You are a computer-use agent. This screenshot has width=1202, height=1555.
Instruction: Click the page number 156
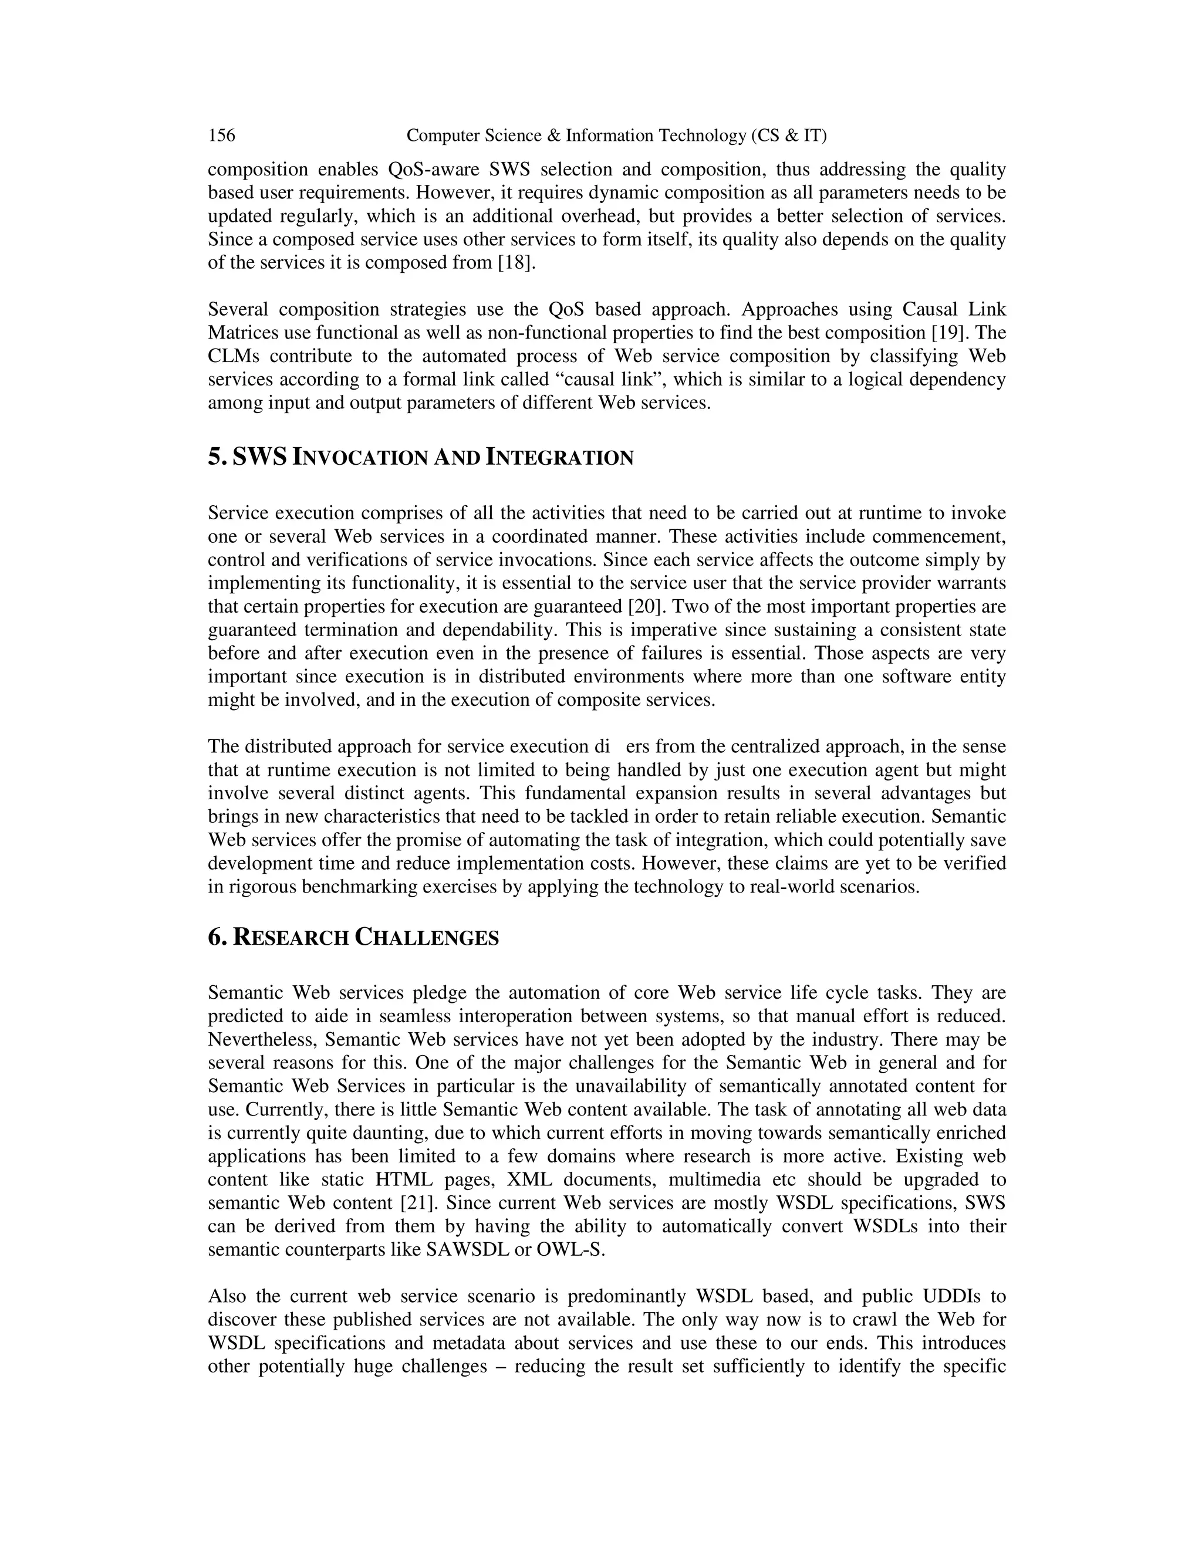point(221,136)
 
